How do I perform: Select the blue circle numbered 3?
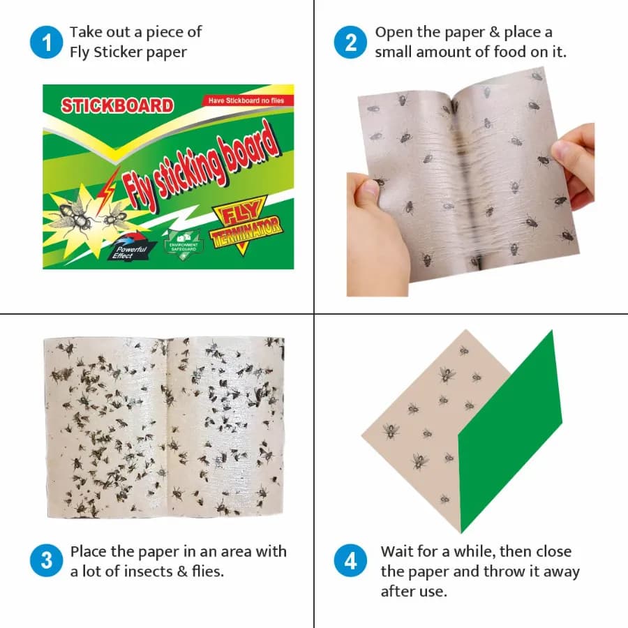pyautogui.click(x=47, y=561)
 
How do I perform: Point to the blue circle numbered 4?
pyautogui.click(x=351, y=561)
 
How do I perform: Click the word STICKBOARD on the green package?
pyautogui.click(x=117, y=106)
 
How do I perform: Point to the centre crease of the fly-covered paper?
pyautogui.click(x=166, y=426)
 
